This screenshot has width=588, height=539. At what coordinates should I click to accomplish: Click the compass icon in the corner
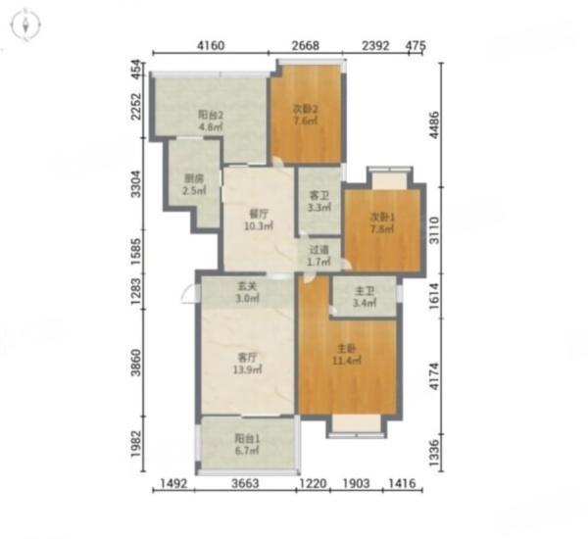[25, 25]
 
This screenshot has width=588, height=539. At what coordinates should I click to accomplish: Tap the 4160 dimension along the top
[211, 45]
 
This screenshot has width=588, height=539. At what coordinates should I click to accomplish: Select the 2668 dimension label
[306, 45]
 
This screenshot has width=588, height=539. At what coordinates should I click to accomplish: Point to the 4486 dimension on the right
[434, 124]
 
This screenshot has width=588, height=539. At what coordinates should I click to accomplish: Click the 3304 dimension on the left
[136, 184]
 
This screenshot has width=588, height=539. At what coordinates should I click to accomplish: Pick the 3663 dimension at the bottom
[245, 483]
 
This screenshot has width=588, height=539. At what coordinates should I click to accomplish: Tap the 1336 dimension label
[434, 453]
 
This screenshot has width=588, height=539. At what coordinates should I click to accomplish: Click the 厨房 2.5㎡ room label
[194, 184]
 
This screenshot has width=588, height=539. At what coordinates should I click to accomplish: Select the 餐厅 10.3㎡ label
[259, 220]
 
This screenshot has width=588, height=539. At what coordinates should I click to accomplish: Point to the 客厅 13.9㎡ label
[248, 363]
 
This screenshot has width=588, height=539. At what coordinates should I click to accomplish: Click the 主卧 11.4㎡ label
[347, 355]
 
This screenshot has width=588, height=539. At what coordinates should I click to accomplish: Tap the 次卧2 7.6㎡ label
[305, 115]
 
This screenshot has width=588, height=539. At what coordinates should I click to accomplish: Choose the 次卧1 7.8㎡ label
[382, 222]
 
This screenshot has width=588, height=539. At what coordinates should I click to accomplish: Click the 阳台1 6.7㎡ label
[247, 444]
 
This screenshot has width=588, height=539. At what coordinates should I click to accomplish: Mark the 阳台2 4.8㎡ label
[211, 121]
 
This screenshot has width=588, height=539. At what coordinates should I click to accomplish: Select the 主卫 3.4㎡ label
[365, 297]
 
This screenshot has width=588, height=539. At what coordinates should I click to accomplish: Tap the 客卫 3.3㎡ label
[319, 202]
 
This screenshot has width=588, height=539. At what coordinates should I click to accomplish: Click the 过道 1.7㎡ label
[318, 256]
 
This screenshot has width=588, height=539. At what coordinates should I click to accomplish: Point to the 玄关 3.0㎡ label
[247, 293]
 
